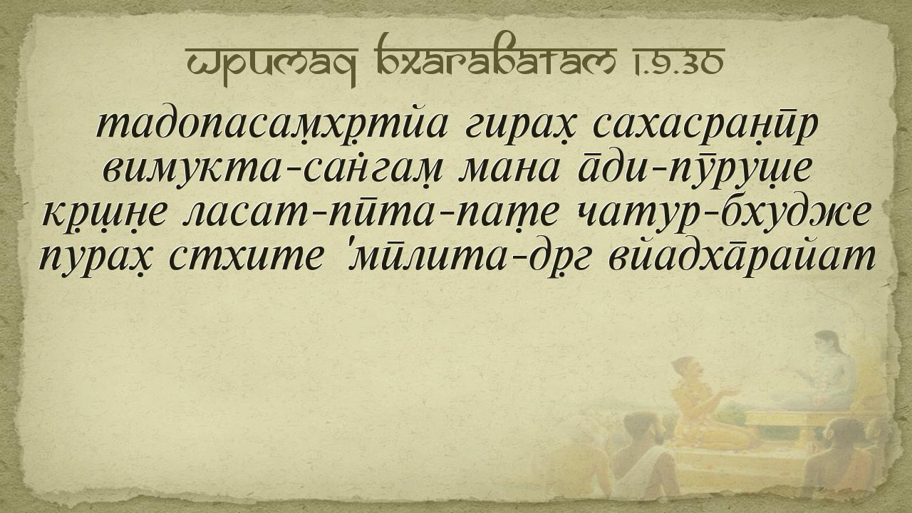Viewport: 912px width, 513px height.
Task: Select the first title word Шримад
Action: coord(271,64)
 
